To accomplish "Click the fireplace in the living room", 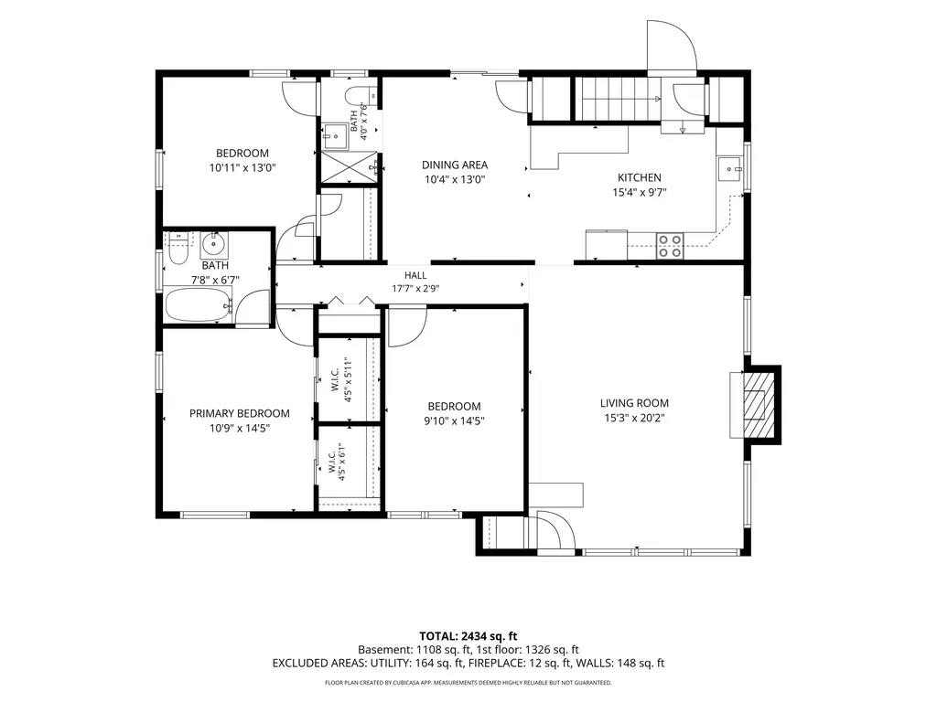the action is point(755,405).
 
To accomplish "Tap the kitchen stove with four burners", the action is point(670,246).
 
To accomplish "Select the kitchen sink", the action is point(729,169).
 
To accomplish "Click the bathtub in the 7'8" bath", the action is point(199,305).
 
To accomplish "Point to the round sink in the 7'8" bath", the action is point(213,243).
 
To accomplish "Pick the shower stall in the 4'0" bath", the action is point(350,166).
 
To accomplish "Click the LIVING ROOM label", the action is point(634,403).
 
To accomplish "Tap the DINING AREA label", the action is point(455,165).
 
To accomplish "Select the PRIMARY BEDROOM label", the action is point(240,413).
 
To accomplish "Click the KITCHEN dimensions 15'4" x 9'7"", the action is point(639,192).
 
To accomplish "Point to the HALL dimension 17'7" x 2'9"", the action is point(415,289).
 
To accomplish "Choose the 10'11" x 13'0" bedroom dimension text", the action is point(242,168).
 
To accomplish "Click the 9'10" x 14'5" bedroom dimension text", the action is point(454,420).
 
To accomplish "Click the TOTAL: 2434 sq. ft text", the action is point(468,636).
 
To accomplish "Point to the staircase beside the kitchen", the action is point(618,99).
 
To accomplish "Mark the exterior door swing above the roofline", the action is point(673,46).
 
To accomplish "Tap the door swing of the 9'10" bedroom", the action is point(407,326).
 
